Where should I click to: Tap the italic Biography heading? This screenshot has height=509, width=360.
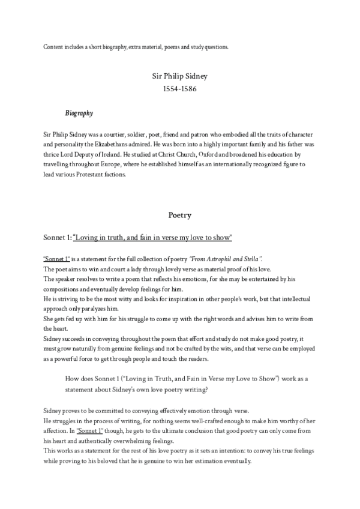[79, 113]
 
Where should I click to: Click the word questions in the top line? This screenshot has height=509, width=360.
[215, 46]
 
